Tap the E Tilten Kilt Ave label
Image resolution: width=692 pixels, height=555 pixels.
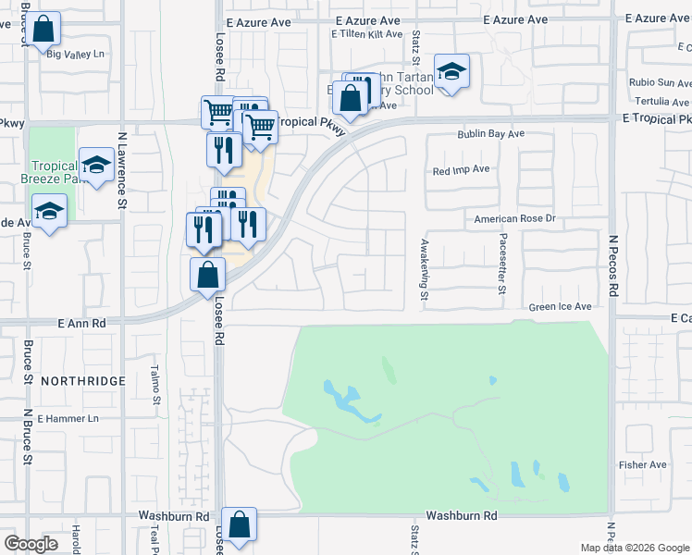(x=367, y=34)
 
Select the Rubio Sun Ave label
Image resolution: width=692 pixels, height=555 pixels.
(x=660, y=82)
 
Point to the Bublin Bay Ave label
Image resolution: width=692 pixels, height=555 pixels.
(x=490, y=134)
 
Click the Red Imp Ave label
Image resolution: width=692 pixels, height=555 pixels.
(x=461, y=170)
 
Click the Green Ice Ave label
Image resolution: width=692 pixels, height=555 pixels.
(x=560, y=307)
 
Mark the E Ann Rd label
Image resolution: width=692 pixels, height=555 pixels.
(x=81, y=324)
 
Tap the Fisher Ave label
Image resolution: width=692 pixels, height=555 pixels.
(x=643, y=465)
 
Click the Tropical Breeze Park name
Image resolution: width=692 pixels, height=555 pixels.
(x=53, y=172)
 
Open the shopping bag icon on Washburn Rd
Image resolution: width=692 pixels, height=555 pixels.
(x=240, y=524)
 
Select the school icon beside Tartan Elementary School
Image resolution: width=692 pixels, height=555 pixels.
(x=451, y=71)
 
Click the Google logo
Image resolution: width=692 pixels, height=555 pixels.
(x=31, y=544)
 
